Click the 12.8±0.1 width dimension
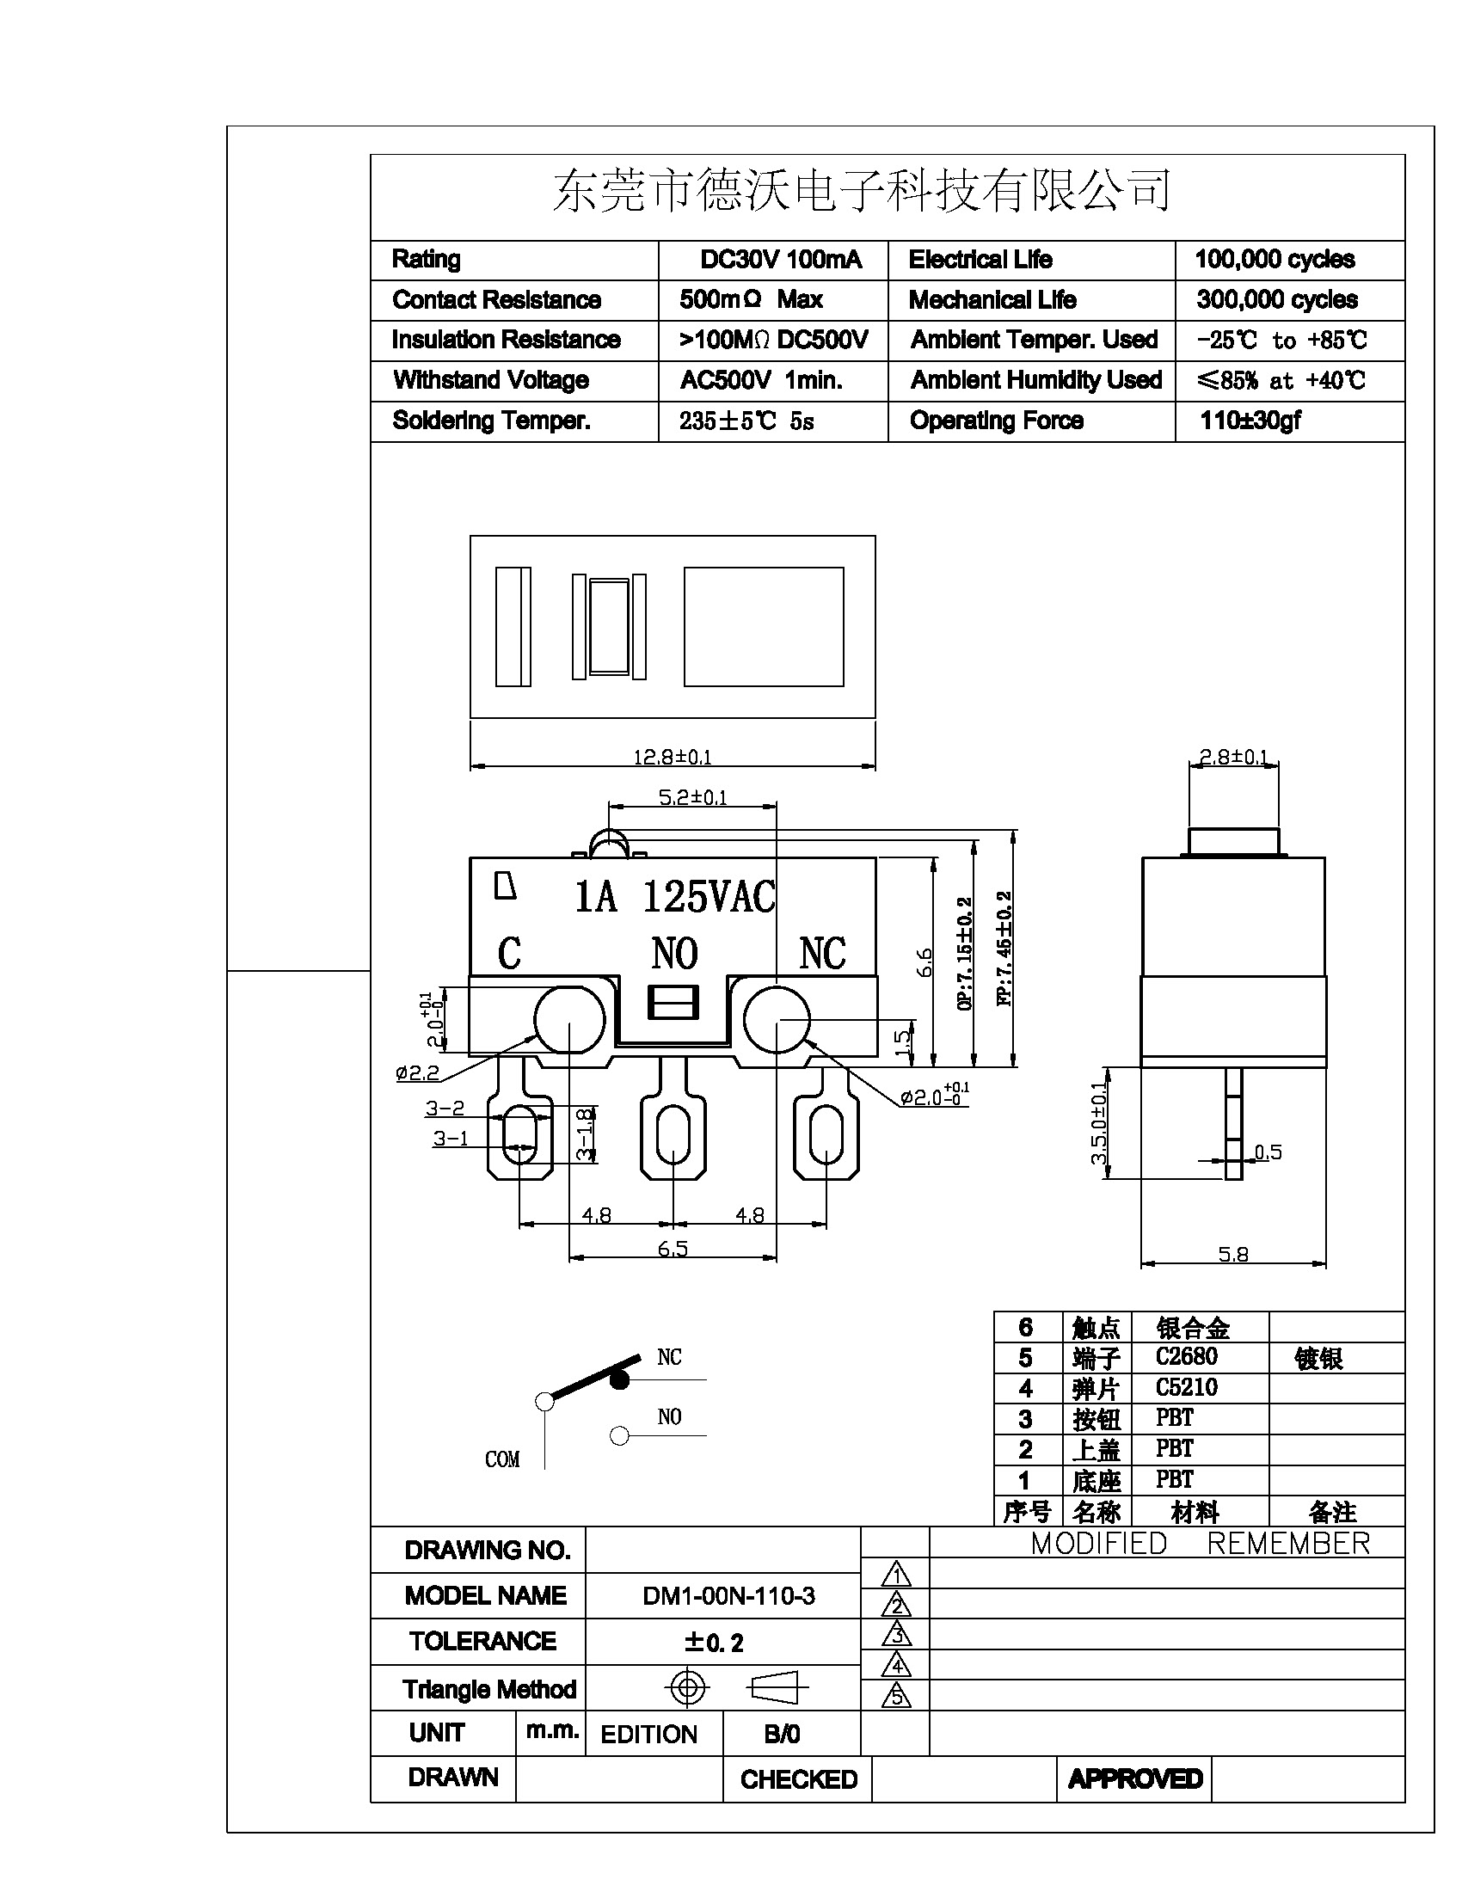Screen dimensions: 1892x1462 coord(673,757)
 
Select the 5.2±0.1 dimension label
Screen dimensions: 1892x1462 coord(692,797)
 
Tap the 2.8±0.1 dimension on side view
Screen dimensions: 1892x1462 coord(1233,757)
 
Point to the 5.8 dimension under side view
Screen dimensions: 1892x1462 coord(1233,1254)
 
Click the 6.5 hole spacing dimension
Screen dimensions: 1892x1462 coord(673,1249)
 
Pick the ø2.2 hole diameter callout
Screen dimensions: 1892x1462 coord(417,1072)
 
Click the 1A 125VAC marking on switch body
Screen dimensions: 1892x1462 coord(675,897)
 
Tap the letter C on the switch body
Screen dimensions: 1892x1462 coord(509,954)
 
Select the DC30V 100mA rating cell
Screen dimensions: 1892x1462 coord(780,260)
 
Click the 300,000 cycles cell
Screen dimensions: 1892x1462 coord(1276,300)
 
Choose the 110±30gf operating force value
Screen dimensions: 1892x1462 coord(1250,421)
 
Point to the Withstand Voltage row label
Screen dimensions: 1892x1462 coord(491,380)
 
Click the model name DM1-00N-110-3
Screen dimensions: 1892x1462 coord(728,1595)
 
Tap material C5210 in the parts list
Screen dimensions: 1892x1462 coord(1186,1388)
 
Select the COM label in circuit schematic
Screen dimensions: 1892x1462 coord(502,1459)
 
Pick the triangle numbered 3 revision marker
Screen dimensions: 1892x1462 coord(896,1635)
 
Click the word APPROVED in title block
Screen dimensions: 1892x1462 coord(1134,1778)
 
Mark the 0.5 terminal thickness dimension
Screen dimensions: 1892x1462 coord(1268,1152)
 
